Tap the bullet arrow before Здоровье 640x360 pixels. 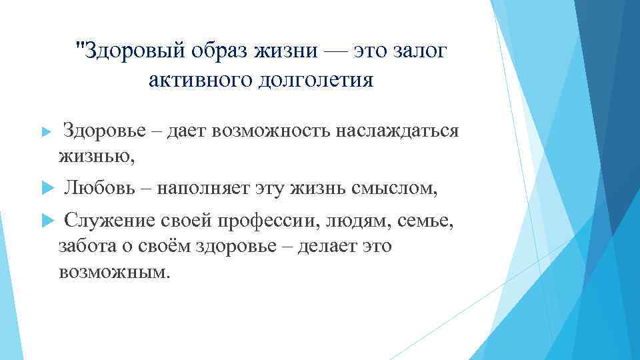pos(46,131)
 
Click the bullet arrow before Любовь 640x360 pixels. pos(46,189)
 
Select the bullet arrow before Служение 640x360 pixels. pos(46,221)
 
